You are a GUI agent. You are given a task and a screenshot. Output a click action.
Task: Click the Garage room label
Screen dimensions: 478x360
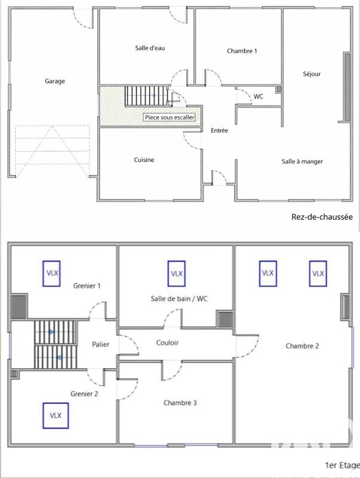point(54,81)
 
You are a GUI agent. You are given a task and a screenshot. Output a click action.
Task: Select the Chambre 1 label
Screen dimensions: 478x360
point(242,51)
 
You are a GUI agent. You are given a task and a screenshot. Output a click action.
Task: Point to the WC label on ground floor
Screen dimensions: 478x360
point(259,96)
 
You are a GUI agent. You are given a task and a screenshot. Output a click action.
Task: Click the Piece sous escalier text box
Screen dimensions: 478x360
point(170,118)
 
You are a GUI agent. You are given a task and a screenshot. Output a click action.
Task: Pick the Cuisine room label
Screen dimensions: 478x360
point(144,160)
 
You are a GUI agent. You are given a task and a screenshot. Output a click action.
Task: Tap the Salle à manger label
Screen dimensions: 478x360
point(303,161)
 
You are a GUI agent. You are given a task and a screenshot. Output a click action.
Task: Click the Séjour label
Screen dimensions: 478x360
point(311,74)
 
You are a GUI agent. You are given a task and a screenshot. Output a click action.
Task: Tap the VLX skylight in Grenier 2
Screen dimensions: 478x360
point(56,415)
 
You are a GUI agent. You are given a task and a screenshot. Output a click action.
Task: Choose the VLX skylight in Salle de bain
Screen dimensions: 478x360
point(176,273)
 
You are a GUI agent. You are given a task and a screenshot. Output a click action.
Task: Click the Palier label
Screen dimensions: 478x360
point(100,345)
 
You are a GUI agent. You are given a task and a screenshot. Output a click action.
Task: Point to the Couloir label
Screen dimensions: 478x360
point(168,343)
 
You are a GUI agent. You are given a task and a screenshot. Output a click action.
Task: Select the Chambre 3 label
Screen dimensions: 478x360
point(180,403)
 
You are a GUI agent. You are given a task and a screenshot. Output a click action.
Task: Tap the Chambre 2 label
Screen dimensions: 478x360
point(302,346)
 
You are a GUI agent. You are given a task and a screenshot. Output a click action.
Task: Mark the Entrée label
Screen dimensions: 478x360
point(219,130)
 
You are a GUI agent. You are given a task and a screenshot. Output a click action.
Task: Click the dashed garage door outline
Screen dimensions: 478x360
point(51,151)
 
